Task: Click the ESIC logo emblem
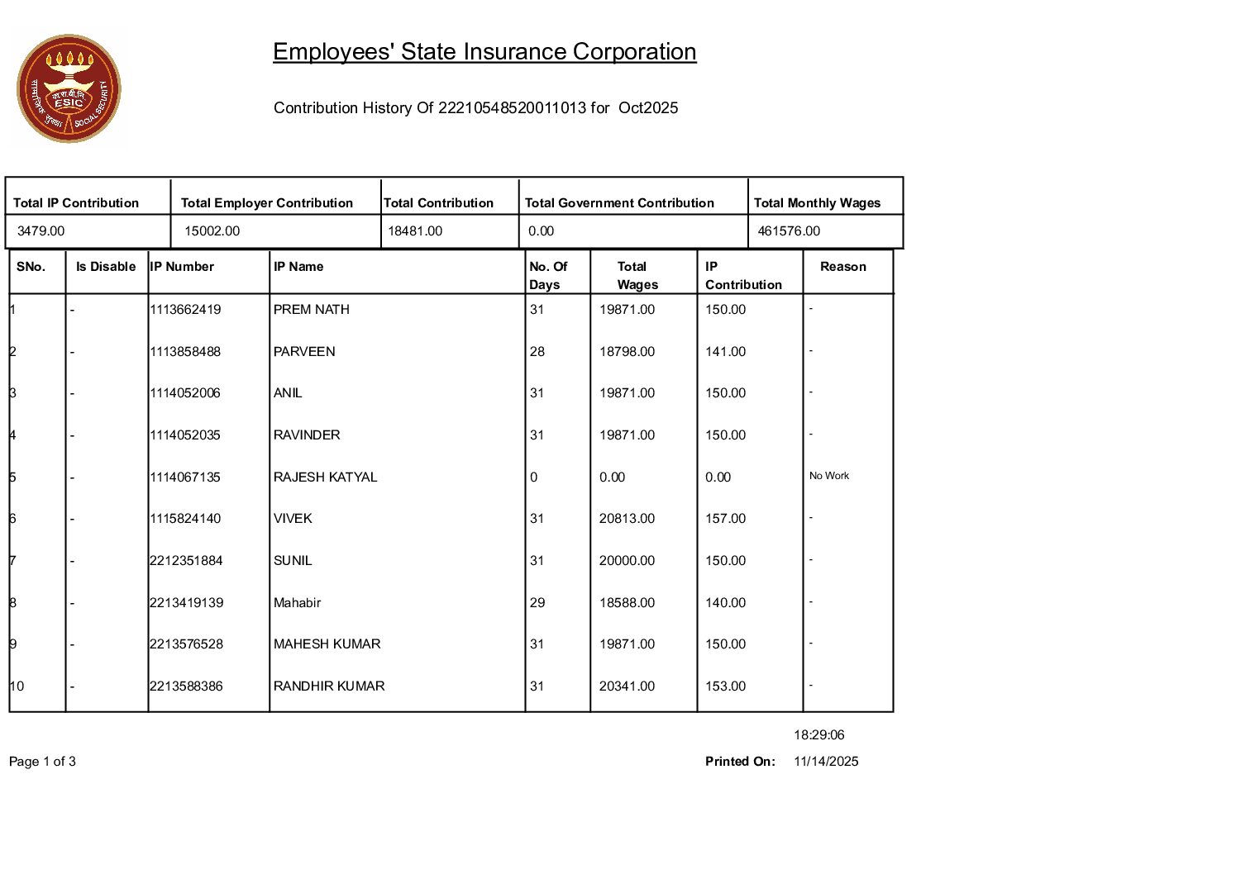69,88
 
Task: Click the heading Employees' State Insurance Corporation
484,52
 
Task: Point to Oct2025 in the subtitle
648,108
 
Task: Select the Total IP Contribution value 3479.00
41,231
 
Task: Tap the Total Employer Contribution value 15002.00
212,231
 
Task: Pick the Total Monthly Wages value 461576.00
789,231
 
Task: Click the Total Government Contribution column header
619,203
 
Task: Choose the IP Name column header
298,267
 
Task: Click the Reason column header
842,267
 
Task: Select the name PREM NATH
312,310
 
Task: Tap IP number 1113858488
185,352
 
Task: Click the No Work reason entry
829,476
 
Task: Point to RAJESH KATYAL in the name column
325,477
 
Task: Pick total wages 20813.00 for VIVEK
627,519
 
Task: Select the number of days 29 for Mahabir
537,603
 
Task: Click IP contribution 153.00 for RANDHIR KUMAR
725,686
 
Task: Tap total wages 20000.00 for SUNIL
627,561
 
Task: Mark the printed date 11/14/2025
826,762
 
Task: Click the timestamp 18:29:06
818,735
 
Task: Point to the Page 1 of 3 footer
42,762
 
